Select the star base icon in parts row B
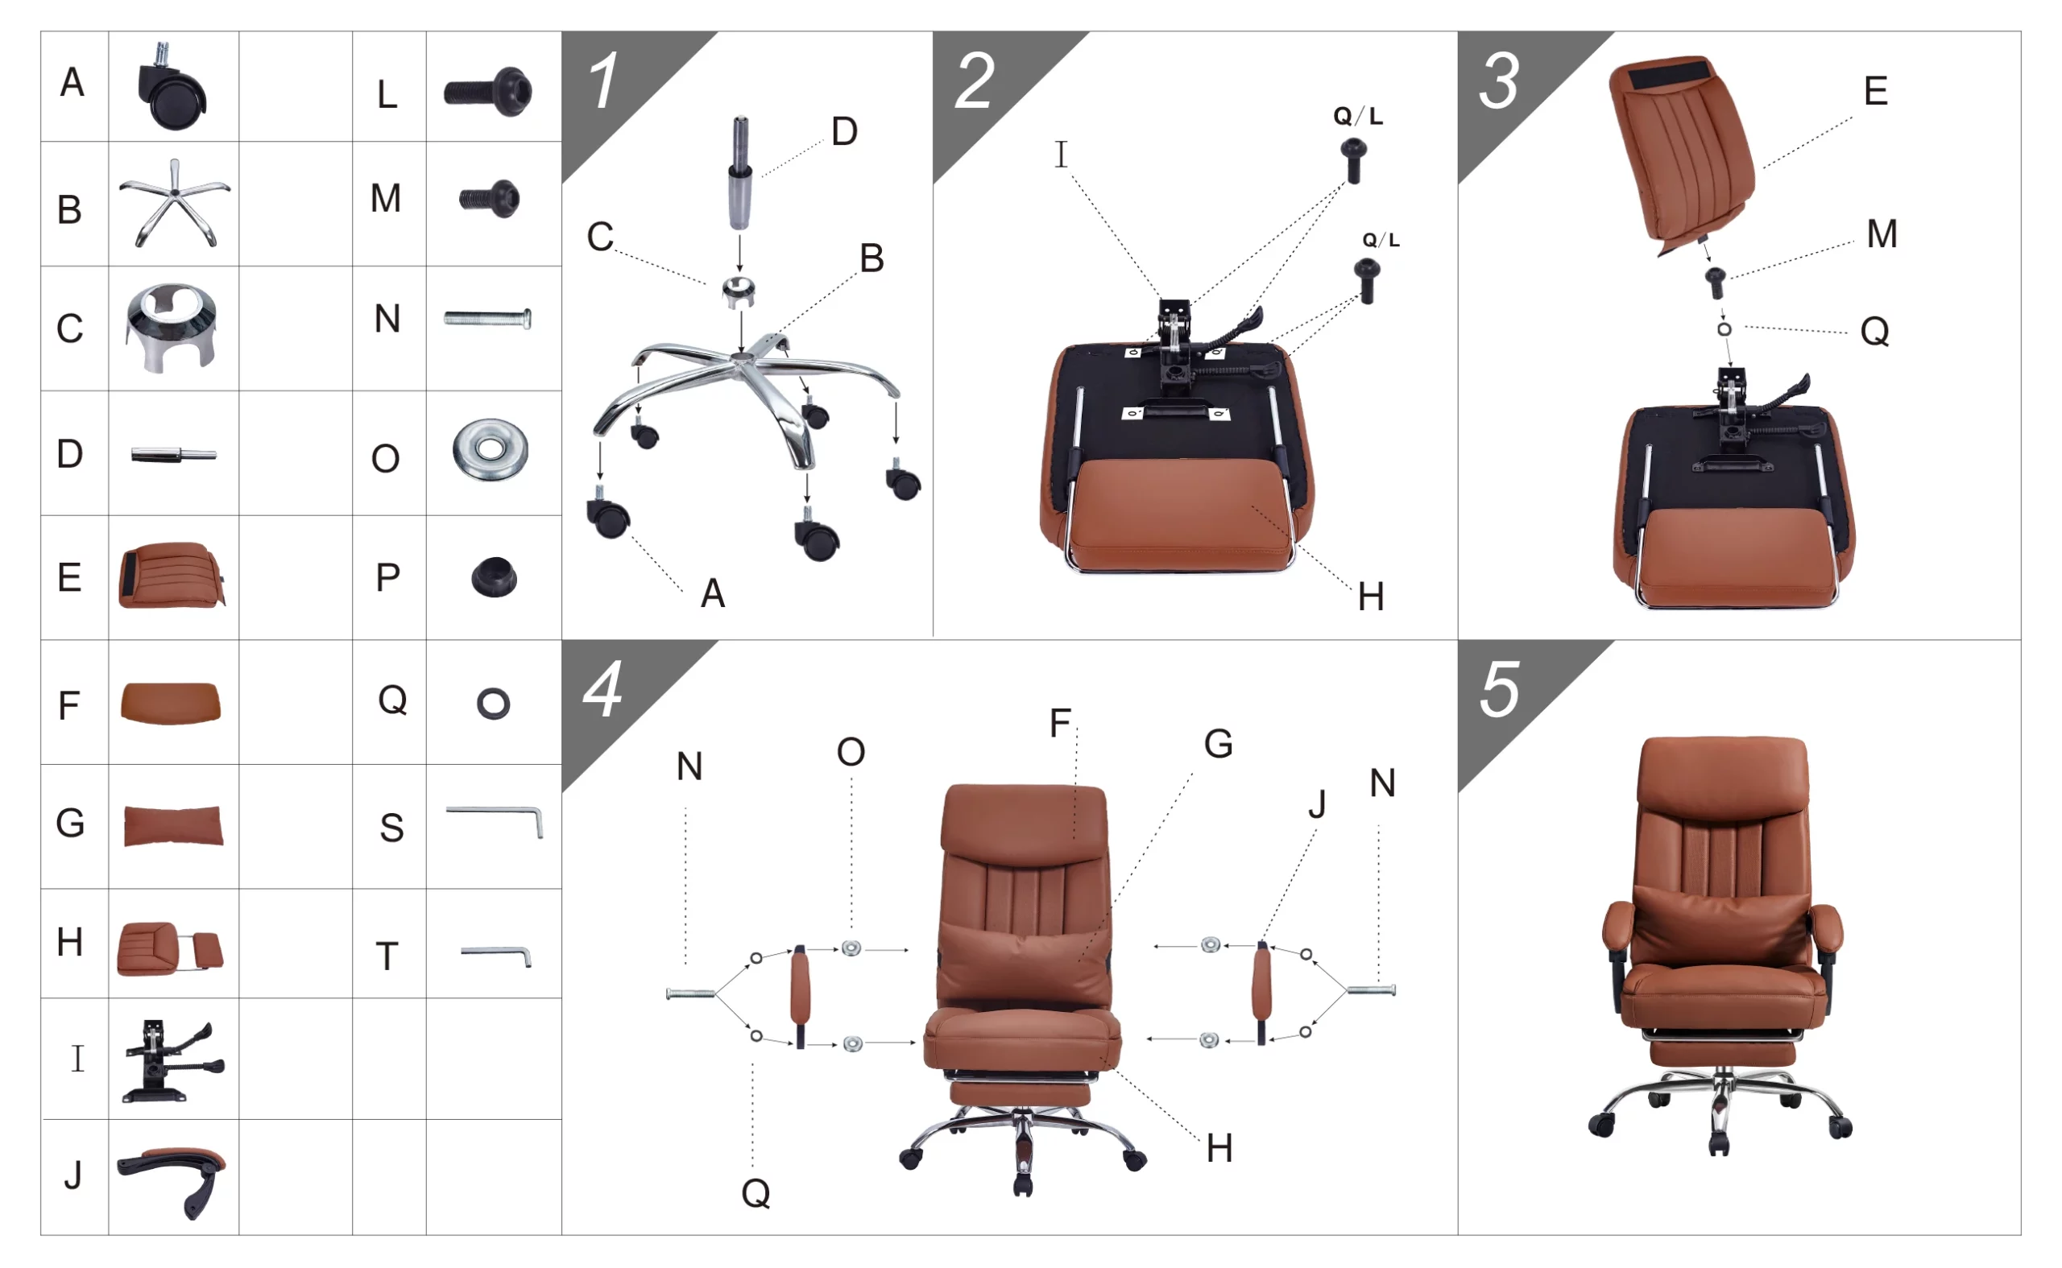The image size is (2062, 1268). tap(174, 203)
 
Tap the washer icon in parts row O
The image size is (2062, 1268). tap(491, 450)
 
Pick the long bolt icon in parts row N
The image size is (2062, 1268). tap(487, 319)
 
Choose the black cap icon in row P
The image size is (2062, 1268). tap(494, 577)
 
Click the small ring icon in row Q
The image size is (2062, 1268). tap(493, 704)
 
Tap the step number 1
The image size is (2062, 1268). tap(603, 81)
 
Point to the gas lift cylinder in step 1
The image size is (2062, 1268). tap(739, 173)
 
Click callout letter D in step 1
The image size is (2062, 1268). tap(845, 132)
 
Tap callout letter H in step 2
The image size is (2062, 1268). tap(1372, 598)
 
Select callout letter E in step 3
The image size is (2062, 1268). tap(1877, 90)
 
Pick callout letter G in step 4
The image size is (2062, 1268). tap(1219, 744)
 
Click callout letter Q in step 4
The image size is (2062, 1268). tap(756, 1192)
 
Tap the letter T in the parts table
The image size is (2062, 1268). tap(387, 957)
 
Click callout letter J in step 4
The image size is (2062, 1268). tap(1317, 804)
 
